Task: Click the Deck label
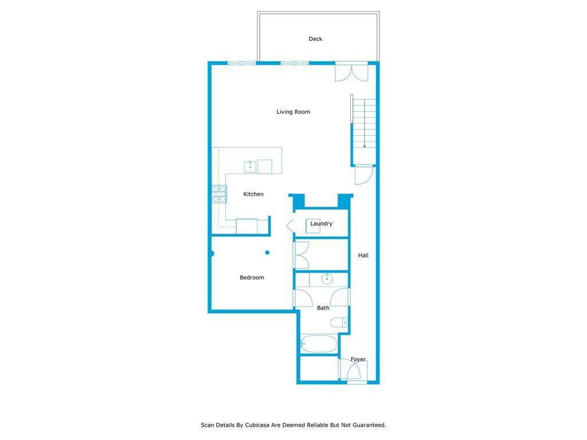[x=315, y=39]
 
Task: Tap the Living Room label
[x=293, y=112]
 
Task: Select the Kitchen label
[x=253, y=194]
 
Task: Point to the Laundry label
[x=321, y=223]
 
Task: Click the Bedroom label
[x=252, y=277]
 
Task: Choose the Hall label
[x=363, y=255]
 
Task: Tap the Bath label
[x=323, y=308]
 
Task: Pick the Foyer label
[x=358, y=359]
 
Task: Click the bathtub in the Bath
[x=319, y=344]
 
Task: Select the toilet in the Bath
[x=339, y=322]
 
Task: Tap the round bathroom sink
[x=327, y=279]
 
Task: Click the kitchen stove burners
[x=220, y=194]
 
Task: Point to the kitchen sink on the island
[x=250, y=167]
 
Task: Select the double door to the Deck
[x=351, y=73]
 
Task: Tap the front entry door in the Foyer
[x=353, y=371]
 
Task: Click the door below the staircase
[x=364, y=175]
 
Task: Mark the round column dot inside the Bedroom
[x=267, y=253]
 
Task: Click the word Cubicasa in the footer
[x=257, y=425]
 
